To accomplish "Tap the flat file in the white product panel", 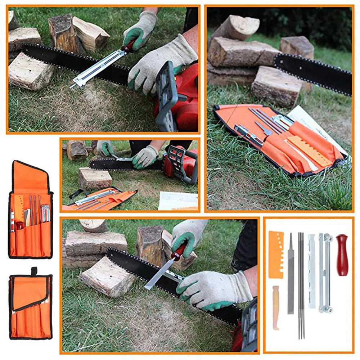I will point(291,274).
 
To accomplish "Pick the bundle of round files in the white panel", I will point(301,284).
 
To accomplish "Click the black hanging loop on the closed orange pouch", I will point(34,271).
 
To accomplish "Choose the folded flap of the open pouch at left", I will point(30,177).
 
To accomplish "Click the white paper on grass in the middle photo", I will point(177,201).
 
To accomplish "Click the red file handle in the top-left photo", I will point(129,47).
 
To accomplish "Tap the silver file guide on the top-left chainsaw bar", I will point(97,68).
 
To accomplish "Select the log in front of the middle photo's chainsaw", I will point(95,178).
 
